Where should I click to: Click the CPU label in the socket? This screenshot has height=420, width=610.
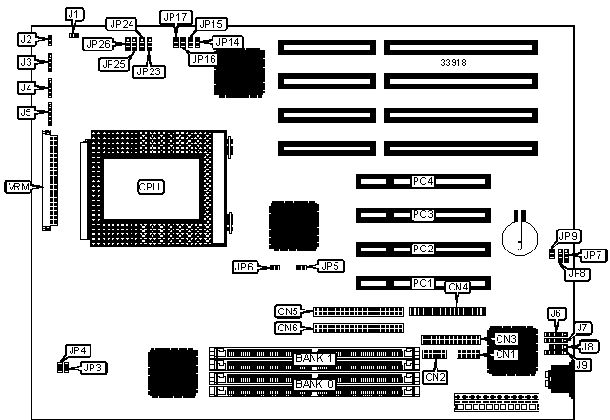click(x=151, y=186)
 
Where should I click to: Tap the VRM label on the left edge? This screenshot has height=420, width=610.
click(x=18, y=186)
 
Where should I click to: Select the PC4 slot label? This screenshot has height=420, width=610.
click(x=422, y=180)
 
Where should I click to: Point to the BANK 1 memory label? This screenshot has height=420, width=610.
click(x=315, y=357)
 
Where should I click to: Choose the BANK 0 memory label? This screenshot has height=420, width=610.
click(x=315, y=384)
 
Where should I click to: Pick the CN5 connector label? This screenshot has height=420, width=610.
click(x=288, y=310)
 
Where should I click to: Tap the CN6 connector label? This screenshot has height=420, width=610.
click(x=288, y=328)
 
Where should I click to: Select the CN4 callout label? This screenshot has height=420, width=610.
click(x=458, y=287)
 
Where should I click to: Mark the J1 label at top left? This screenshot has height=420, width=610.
click(x=74, y=14)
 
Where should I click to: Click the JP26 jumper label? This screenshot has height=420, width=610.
click(x=96, y=43)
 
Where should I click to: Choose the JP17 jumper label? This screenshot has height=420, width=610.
click(x=175, y=17)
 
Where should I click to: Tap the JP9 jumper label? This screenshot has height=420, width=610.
click(x=568, y=236)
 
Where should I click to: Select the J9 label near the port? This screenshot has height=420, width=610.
click(x=581, y=364)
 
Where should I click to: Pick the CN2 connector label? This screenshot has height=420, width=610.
click(x=436, y=376)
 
